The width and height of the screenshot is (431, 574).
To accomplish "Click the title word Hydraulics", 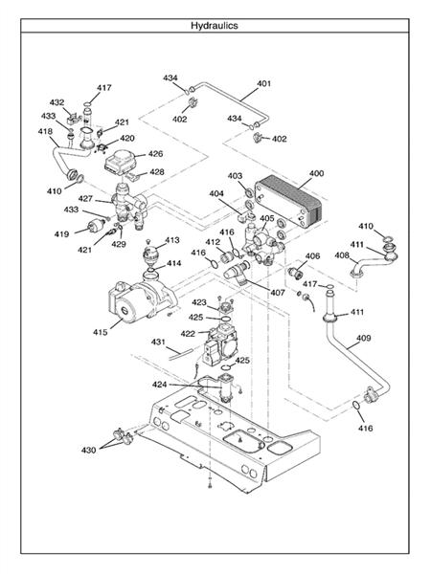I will click(x=215, y=26).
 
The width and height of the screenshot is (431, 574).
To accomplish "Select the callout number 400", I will click(x=315, y=174).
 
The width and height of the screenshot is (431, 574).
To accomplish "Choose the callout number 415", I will click(x=100, y=333).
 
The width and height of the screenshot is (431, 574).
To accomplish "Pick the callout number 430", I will click(x=88, y=449).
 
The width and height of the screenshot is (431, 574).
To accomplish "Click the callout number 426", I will click(x=154, y=153).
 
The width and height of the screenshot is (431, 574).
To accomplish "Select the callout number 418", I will click(x=45, y=131).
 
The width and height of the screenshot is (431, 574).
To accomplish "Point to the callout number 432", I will click(x=57, y=102).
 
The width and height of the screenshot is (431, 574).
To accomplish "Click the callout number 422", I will click(x=187, y=334).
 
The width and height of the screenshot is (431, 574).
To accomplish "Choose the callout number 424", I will click(x=159, y=384).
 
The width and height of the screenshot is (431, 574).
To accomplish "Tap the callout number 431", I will click(x=158, y=342).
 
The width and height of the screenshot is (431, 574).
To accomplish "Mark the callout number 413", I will click(x=172, y=240).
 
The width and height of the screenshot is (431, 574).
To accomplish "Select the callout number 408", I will click(x=341, y=255).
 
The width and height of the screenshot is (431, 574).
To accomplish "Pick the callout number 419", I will click(x=60, y=233).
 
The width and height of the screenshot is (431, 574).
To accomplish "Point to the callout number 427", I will click(x=85, y=199).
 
